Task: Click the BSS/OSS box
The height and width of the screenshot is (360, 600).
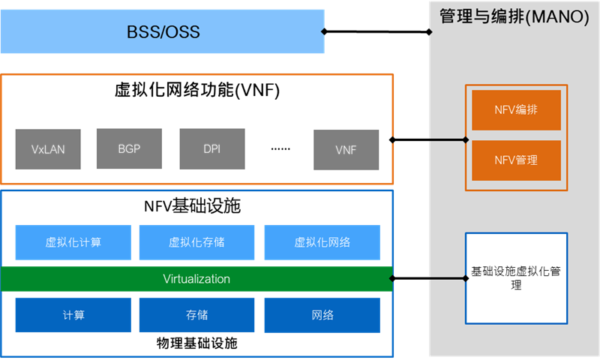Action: (x=162, y=32)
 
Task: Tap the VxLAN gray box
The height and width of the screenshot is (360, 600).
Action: (x=49, y=148)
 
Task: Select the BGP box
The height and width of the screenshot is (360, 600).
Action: (x=130, y=148)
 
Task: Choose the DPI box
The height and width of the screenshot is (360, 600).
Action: (x=212, y=148)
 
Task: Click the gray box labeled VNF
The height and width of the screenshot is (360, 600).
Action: (x=346, y=149)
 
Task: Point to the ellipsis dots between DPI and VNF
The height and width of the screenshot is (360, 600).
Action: (x=280, y=148)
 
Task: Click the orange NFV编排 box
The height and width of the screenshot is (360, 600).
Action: (x=516, y=109)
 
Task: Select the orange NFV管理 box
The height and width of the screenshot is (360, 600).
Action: (x=516, y=160)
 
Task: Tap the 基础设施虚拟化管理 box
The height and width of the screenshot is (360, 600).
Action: (x=516, y=278)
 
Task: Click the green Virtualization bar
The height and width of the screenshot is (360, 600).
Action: (x=196, y=279)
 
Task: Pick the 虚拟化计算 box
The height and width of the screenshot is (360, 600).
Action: (x=73, y=242)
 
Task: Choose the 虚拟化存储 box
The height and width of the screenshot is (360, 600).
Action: (x=197, y=242)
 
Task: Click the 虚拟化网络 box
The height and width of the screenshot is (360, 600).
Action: (x=322, y=242)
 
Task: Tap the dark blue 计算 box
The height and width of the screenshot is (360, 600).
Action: (x=73, y=315)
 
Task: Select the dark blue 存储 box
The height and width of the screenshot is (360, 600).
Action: (x=197, y=315)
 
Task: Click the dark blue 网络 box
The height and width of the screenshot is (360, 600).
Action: (x=322, y=315)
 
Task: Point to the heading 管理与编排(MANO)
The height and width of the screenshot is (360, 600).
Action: (x=514, y=16)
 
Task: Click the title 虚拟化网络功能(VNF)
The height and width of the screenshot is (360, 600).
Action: (x=197, y=91)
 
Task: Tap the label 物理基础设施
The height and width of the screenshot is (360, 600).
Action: (x=197, y=344)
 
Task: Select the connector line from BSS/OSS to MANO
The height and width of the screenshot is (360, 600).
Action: (x=376, y=31)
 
